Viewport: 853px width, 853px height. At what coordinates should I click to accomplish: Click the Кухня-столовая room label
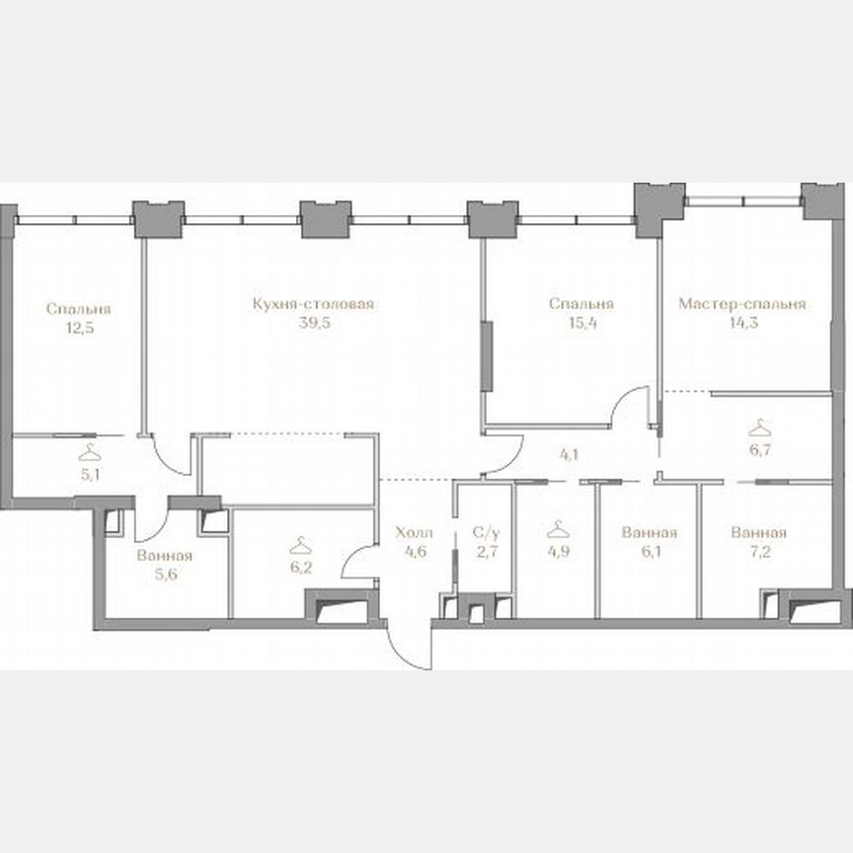pyautogui.click(x=312, y=305)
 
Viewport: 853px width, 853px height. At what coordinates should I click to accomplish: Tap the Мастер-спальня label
pyautogui.click(x=742, y=305)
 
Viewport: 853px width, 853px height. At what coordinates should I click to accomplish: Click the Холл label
pyautogui.click(x=414, y=533)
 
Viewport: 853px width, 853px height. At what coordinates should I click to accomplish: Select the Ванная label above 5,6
pyautogui.click(x=165, y=556)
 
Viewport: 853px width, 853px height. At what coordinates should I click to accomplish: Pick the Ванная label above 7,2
pyautogui.click(x=758, y=533)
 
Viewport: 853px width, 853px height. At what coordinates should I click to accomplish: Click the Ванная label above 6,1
pyautogui.click(x=650, y=533)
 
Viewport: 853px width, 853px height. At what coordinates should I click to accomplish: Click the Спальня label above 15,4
pyautogui.click(x=582, y=305)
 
